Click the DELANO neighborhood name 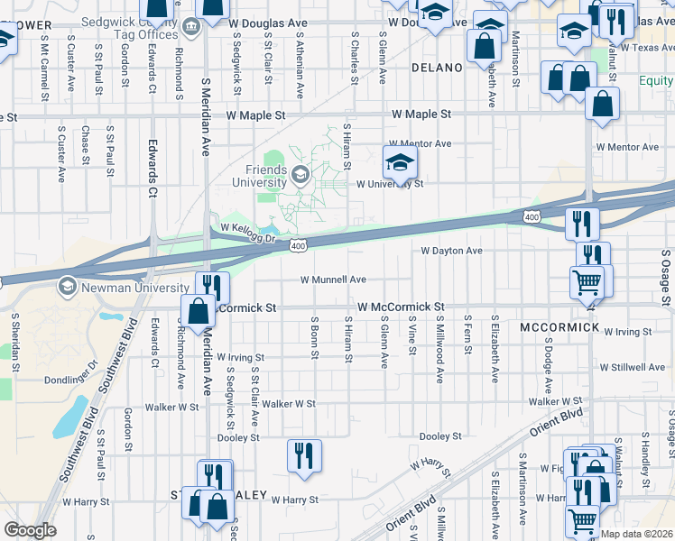pos(438,68)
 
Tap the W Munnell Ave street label pos(333,280)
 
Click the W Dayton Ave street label pos(452,251)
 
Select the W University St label pos(390,184)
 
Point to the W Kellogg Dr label pos(246,230)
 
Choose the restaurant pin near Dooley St pos(304,455)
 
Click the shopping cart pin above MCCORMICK pos(587,283)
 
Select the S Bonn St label pos(314,336)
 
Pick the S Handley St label pos(645,460)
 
